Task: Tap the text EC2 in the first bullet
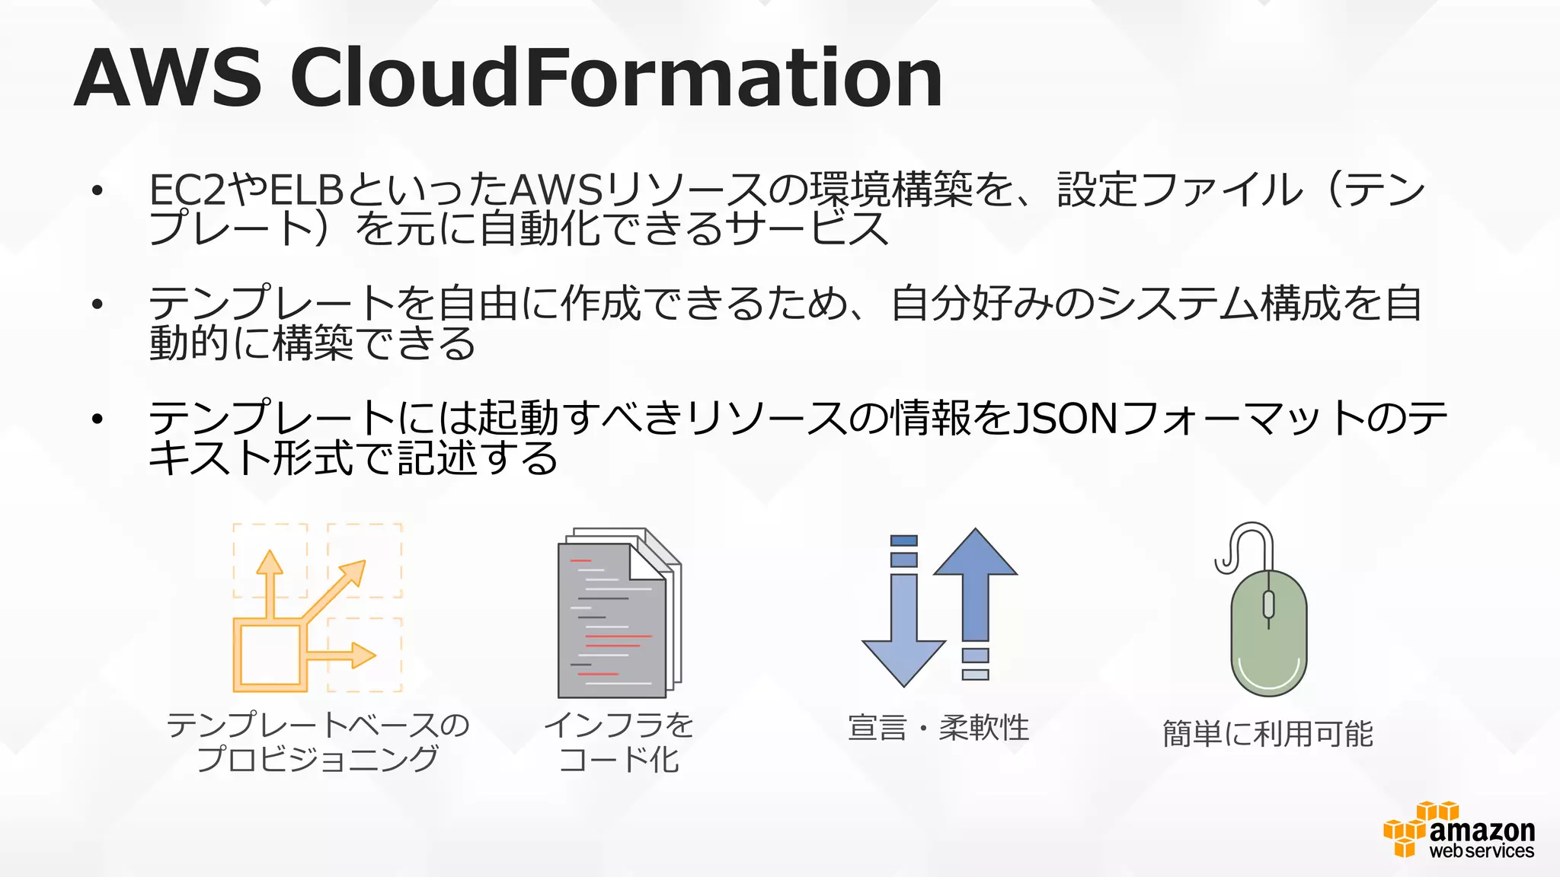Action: tap(187, 190)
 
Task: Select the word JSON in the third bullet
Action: tap(1066, 418)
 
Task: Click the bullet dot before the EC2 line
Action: tap(97, 191)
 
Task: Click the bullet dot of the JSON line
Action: tap(97, 419)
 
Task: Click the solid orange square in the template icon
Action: tap(270, 654)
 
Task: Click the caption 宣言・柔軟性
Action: tap(938, 728)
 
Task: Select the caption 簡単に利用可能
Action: tap(1267, 734)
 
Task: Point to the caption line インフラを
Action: tap(619, 725)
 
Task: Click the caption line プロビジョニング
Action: tap(318, 759)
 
